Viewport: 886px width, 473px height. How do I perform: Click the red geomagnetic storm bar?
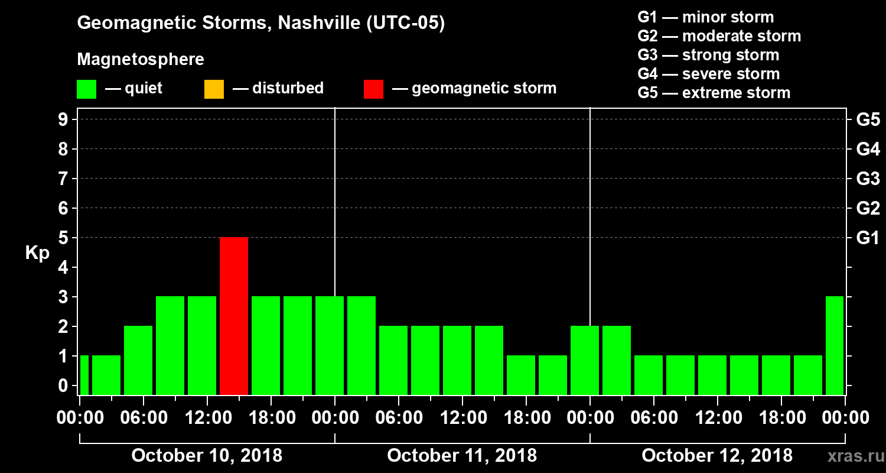234,316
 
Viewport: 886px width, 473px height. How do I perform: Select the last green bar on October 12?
835,345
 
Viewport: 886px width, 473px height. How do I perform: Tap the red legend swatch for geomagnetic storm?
373,89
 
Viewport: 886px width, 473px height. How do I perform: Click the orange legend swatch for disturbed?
214,89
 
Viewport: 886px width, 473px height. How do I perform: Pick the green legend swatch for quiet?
86,89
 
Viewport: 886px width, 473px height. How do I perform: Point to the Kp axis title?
37,253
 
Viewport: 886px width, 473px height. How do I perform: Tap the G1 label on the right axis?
868,238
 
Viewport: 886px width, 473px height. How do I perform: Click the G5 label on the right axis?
868,119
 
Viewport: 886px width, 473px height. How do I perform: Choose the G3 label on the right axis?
868,179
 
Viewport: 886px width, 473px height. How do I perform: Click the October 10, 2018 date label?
207,456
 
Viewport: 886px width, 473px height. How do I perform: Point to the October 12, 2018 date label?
717,456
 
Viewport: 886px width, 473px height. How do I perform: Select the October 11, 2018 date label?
462,456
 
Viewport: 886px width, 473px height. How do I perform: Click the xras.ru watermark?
851,456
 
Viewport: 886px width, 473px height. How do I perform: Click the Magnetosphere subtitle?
141,60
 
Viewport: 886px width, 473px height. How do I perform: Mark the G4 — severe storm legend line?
708,74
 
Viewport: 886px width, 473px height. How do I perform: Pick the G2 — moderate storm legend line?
719,36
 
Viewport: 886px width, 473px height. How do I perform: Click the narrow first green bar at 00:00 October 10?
84,375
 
